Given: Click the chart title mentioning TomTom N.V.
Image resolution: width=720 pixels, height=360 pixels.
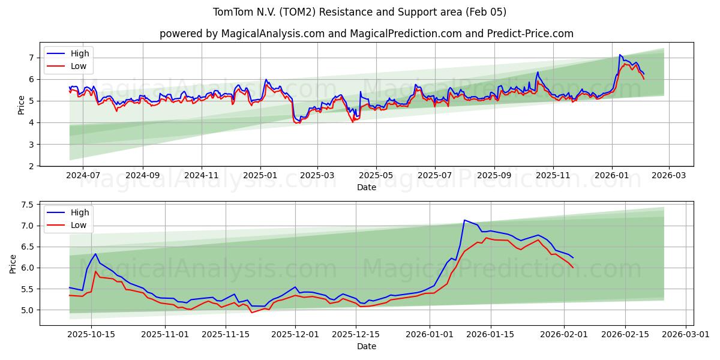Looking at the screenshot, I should [x=360, y=12].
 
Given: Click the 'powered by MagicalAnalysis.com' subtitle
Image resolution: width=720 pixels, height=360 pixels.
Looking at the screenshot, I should [x=366, y=34].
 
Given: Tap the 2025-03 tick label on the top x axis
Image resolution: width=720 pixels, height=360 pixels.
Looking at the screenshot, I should [x=317, y=175].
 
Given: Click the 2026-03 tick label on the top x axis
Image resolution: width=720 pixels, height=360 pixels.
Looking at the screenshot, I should [x=669, y=175].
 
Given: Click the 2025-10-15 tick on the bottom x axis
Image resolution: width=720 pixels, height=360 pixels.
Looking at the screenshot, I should [x=91, y=334].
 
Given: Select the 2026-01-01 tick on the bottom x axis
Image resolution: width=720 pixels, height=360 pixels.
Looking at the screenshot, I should [x=430, y=334].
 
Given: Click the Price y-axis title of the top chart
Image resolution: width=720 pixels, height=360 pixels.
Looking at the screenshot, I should [x=22, y=104].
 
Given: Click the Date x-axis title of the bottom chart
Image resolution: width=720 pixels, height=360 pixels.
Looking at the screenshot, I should [x=366, y=346].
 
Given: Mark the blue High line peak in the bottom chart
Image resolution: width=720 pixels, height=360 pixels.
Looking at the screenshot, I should [x=464, y=220].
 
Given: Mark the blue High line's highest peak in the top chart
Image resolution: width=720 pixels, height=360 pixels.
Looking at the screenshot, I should [x=620, y=55].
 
